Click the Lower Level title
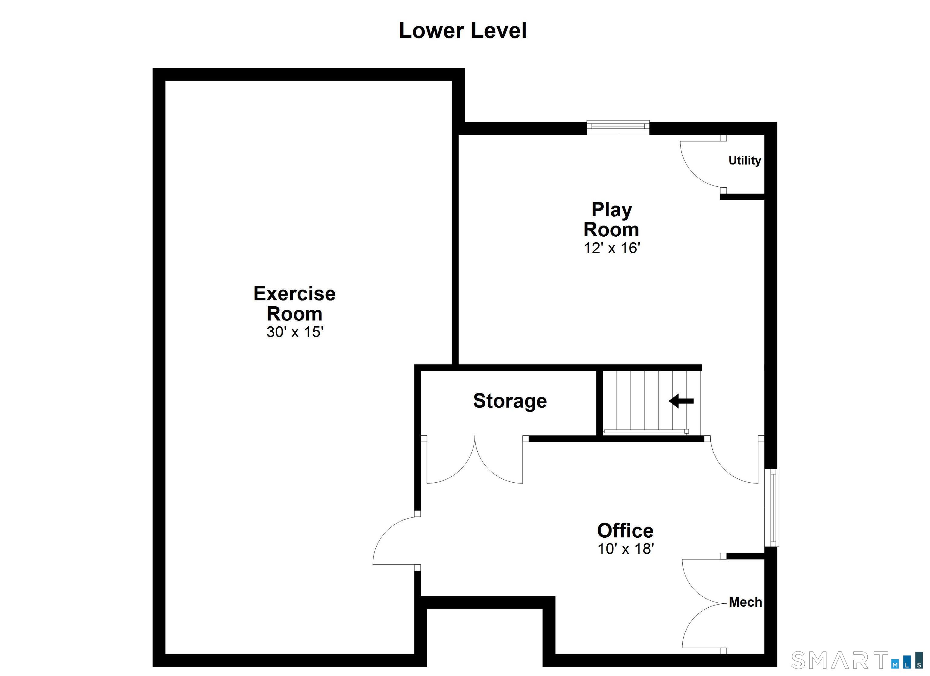(463, 31)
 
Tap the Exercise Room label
(295, 304)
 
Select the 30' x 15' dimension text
(295, 332)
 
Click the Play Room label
(612, 219)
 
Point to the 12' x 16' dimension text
(612, 248)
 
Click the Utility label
(745, 161)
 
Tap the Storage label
(510, 401)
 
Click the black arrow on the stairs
(681, 401)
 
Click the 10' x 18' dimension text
(625, 549)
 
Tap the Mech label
(745, 602)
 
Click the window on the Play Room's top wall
(618, 127)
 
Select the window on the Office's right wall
(772, 507)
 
